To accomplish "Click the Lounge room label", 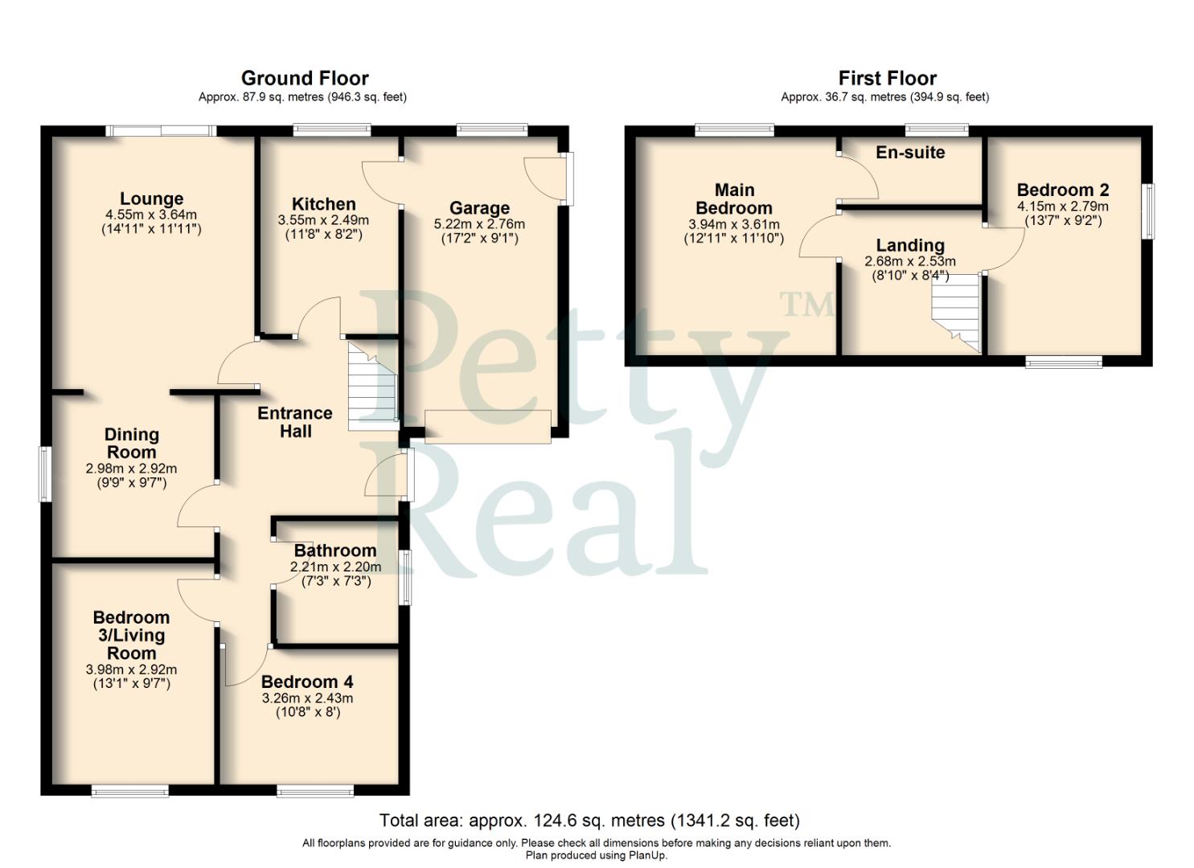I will point(152,199).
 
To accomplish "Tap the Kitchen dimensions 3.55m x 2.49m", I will point(323,220).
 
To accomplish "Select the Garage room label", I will point(479,208).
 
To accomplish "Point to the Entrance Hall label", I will point(295,422).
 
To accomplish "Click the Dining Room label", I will point(132,443).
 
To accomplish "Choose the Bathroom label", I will point(335,551).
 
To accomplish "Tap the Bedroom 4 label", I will point(307,682).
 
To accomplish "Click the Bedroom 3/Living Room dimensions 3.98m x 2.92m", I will point(132,669).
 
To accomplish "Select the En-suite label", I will point(910,152).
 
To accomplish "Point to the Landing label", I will point(910,245).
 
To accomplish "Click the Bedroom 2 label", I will point(1063,190).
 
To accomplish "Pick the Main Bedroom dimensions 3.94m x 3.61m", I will point(734,225).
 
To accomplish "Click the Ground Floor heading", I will point(305,78).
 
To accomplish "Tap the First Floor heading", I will point(887,78).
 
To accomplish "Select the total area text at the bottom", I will point(589,821).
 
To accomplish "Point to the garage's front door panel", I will point(488,425).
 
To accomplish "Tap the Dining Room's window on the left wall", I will point(46,474).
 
